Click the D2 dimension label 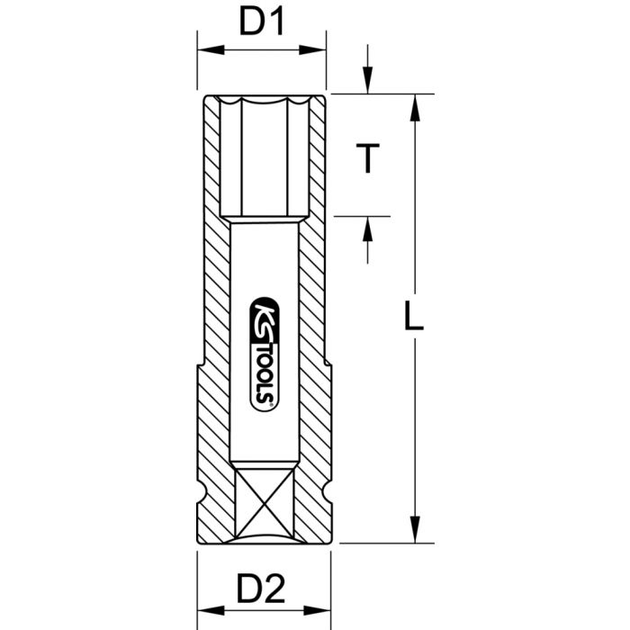click(x=261, y=591)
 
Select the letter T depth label click(x=365, y=159)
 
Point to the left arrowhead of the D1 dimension click(x=204, y=50)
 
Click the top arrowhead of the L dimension click(x=414, y=104)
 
